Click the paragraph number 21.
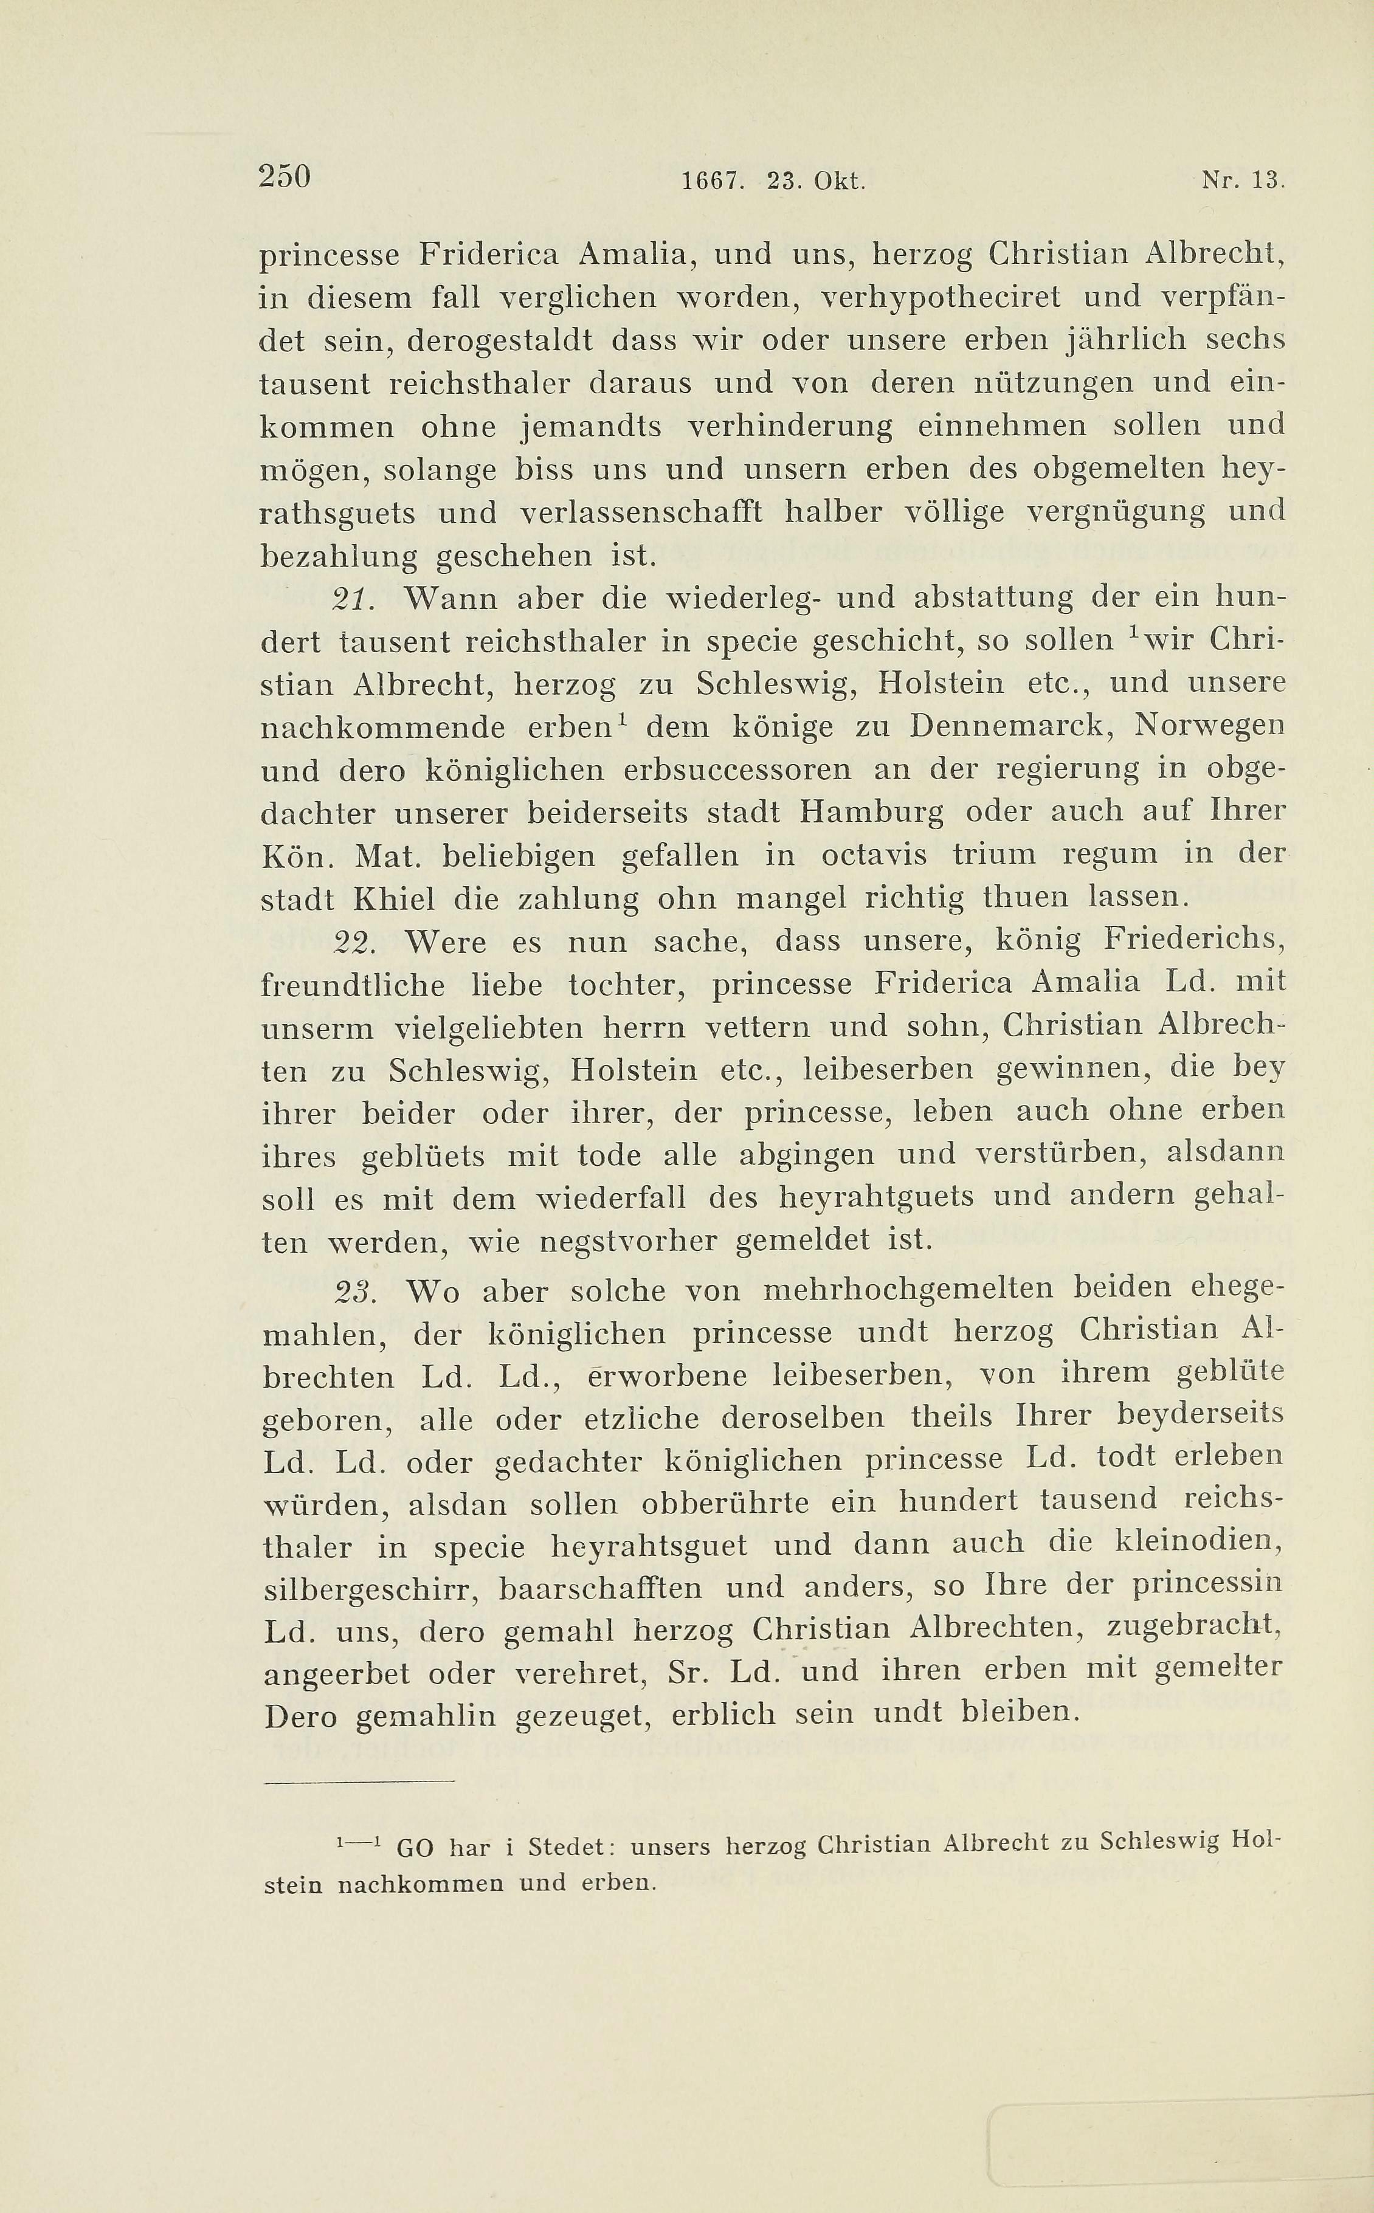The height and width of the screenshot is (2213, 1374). point(350,599)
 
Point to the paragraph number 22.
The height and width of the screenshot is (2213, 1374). point(350,942)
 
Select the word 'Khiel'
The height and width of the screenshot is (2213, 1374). point(393,900)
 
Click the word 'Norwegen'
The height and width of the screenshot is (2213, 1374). point(1210,726)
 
